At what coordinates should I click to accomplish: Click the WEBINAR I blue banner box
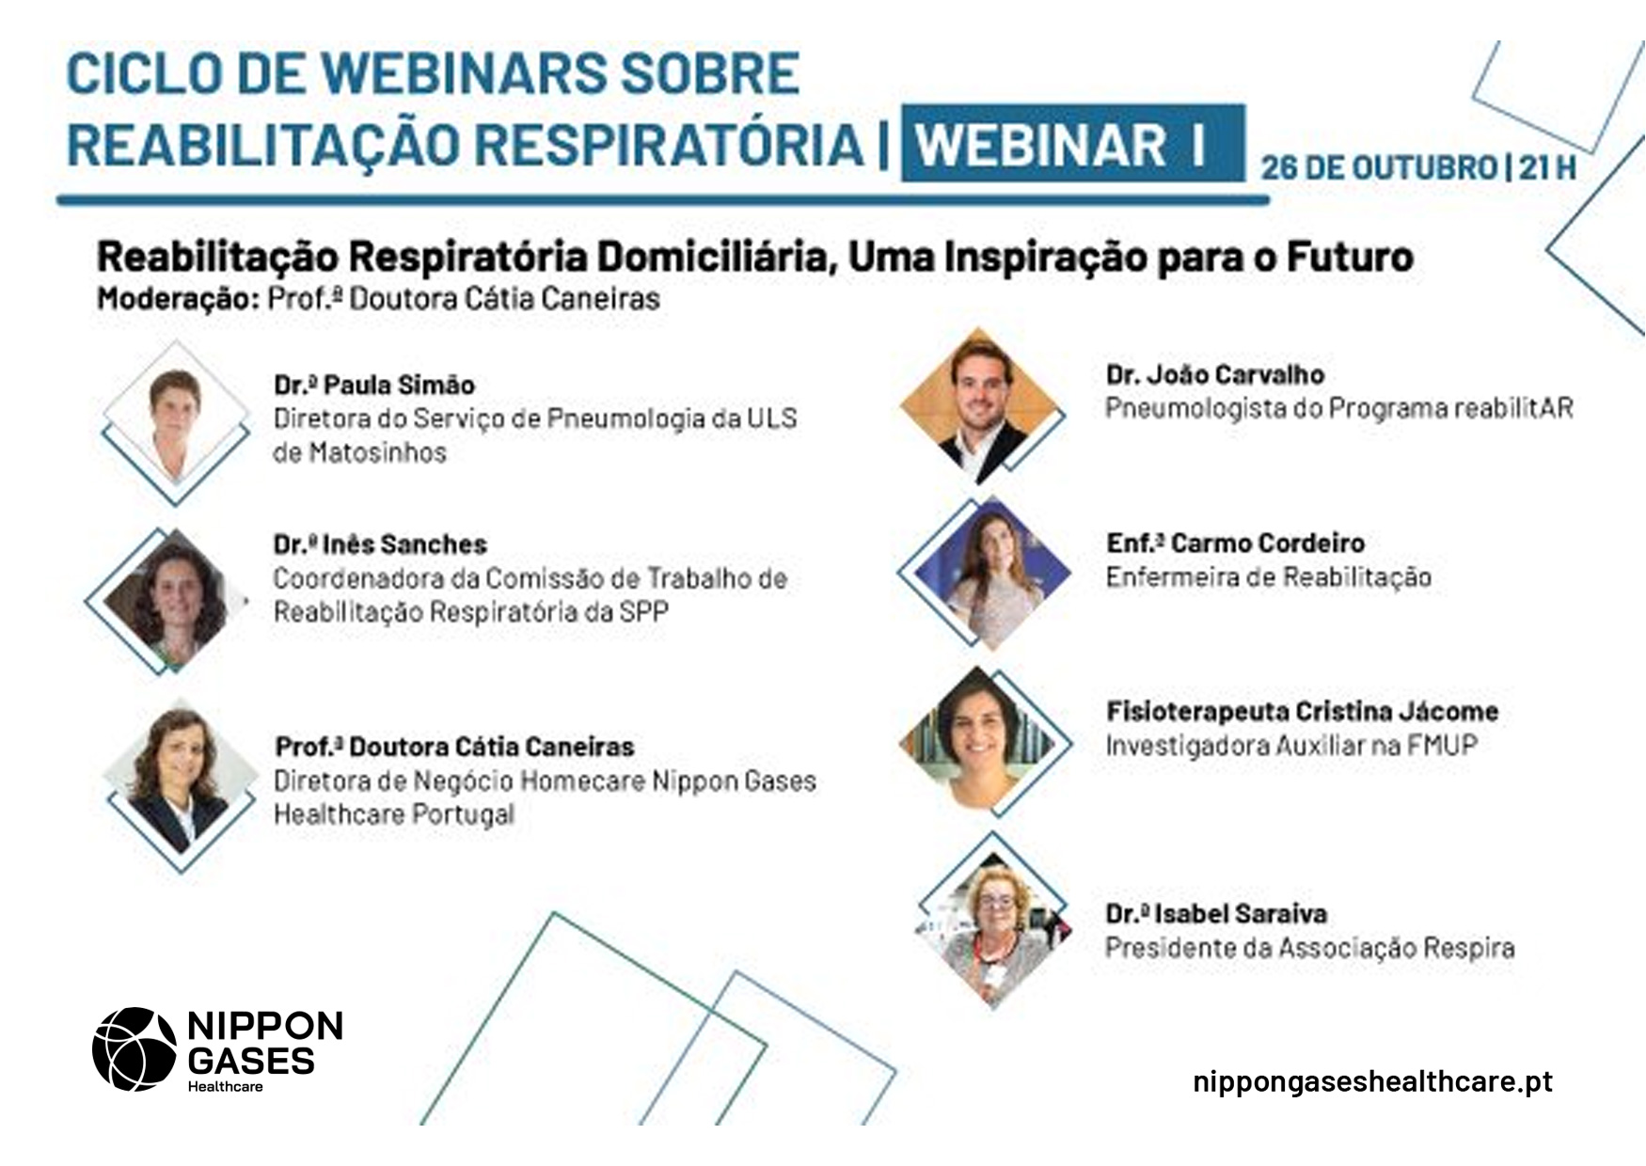[1071, 144]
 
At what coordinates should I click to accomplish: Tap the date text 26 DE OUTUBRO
[1378, 167]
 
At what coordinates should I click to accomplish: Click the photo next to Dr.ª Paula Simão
[176, 420]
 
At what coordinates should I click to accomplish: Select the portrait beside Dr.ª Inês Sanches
[167, 599]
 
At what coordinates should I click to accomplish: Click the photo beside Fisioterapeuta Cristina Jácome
[983, 740]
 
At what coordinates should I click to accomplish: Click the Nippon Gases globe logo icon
[135, 1048]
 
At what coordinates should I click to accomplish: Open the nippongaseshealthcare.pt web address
[1372, 1081]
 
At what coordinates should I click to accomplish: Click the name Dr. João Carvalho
[1214, 375]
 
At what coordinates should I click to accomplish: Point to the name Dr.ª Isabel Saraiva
[1216, 913]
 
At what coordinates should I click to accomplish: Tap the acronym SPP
[644, 611]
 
